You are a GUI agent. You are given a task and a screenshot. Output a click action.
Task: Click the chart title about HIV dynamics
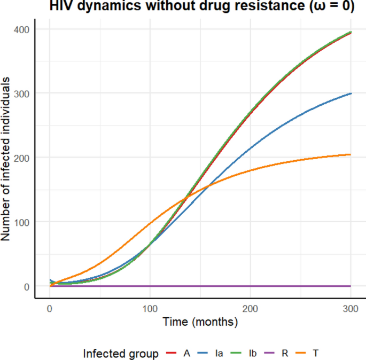pyautogui.click(x=203, y=6)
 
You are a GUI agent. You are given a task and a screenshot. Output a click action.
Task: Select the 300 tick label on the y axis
pyautogui.click(x=21, y=93)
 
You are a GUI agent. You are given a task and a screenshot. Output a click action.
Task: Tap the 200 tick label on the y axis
pyautogui.click(x=21, y=158)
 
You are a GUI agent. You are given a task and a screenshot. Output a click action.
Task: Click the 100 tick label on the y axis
pyautogui.click(x=21, y=222)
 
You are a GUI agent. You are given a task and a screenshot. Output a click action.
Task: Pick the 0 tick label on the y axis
pyautogui.click(x=26, y=286)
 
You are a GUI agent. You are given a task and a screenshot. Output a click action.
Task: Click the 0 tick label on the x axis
pyautogui.click(x=50, y=308)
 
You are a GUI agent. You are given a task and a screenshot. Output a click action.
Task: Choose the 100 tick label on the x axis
pyautogui.click(x=150, y=308)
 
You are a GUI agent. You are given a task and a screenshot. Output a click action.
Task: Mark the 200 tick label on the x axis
pyautogui.click(x=251, y=308)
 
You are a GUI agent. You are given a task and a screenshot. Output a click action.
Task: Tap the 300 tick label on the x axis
pyautogui.click(x=351, y=308)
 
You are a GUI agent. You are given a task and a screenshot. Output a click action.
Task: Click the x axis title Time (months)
pyautogui.click(x=200, y=323)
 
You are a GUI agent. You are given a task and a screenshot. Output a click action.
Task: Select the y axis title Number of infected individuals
pyautogui.click(x=6, y=159)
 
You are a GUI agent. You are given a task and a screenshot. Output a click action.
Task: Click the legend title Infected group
pyautogui.click(x=121, y=353)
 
